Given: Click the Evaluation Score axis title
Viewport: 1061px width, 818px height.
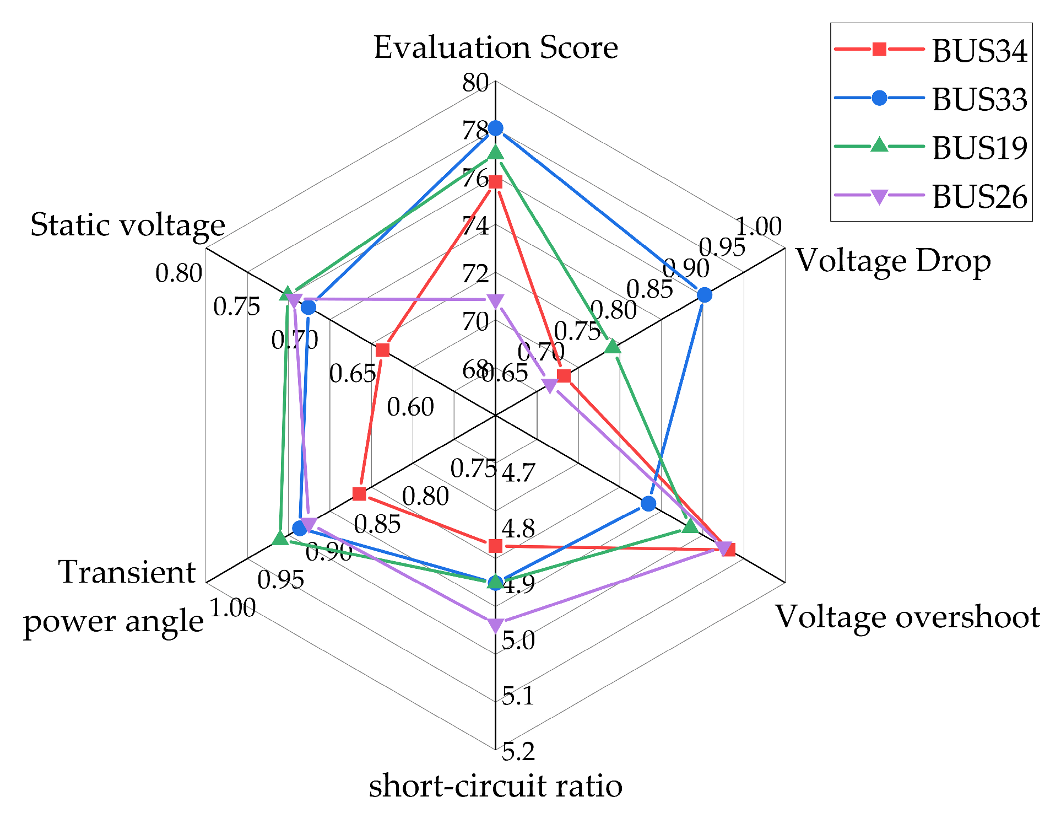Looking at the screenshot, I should pyautogui.click(x=496, y=47).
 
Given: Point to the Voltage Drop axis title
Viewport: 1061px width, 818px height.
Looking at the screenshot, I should pyautogui.click(x=893, y=261).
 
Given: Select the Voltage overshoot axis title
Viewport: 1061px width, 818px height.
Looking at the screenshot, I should pyautogui.click(x=907, y=616).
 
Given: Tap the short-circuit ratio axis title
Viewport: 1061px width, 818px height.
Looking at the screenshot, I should pyautogui.click(x=496, y=785).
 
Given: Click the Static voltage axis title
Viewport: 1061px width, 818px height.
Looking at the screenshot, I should pyautogui.click(x=127, y=225).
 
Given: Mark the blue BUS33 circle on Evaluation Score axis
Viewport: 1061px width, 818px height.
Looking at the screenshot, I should pyautogui.click(x=496, y=128).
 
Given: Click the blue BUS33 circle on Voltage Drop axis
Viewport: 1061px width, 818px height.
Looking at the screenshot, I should pyautogui.click(x=704, y=295).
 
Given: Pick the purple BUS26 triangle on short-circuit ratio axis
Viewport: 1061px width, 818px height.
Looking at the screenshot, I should pyautogui.click(x=495, y=625).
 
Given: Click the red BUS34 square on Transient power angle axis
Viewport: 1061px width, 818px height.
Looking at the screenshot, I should pyautogui.click(x=359, y=493).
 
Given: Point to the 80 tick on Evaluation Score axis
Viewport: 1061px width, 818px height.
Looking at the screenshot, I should pyautogui.click(x=475, y=83).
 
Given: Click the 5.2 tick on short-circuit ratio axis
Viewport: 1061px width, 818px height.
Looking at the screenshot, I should pyautogui.click(x=518, y=752).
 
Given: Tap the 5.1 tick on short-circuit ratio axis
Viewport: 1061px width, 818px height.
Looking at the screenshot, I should pyautogui.click(x=518, y=697).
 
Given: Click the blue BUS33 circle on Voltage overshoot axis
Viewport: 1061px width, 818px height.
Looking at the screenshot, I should pyautogui.click(x=648, y=503).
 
